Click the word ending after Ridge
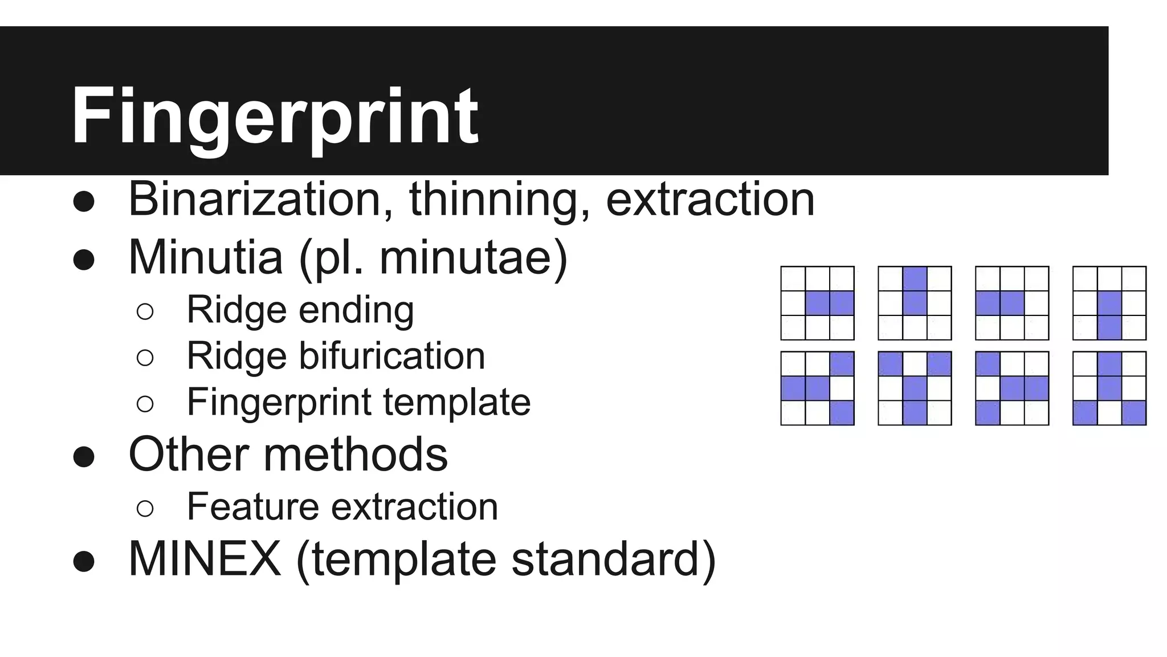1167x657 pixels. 356,310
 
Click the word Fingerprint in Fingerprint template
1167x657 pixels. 279,402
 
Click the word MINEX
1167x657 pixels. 205,559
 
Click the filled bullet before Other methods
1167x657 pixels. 84,456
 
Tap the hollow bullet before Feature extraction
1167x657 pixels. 145,508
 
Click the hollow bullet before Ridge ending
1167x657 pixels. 145,311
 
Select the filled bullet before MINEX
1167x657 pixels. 84,561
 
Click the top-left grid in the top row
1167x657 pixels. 817,303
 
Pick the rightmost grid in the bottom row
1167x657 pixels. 1109,388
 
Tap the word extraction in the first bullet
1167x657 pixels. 710,199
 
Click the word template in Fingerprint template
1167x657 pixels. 456,402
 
